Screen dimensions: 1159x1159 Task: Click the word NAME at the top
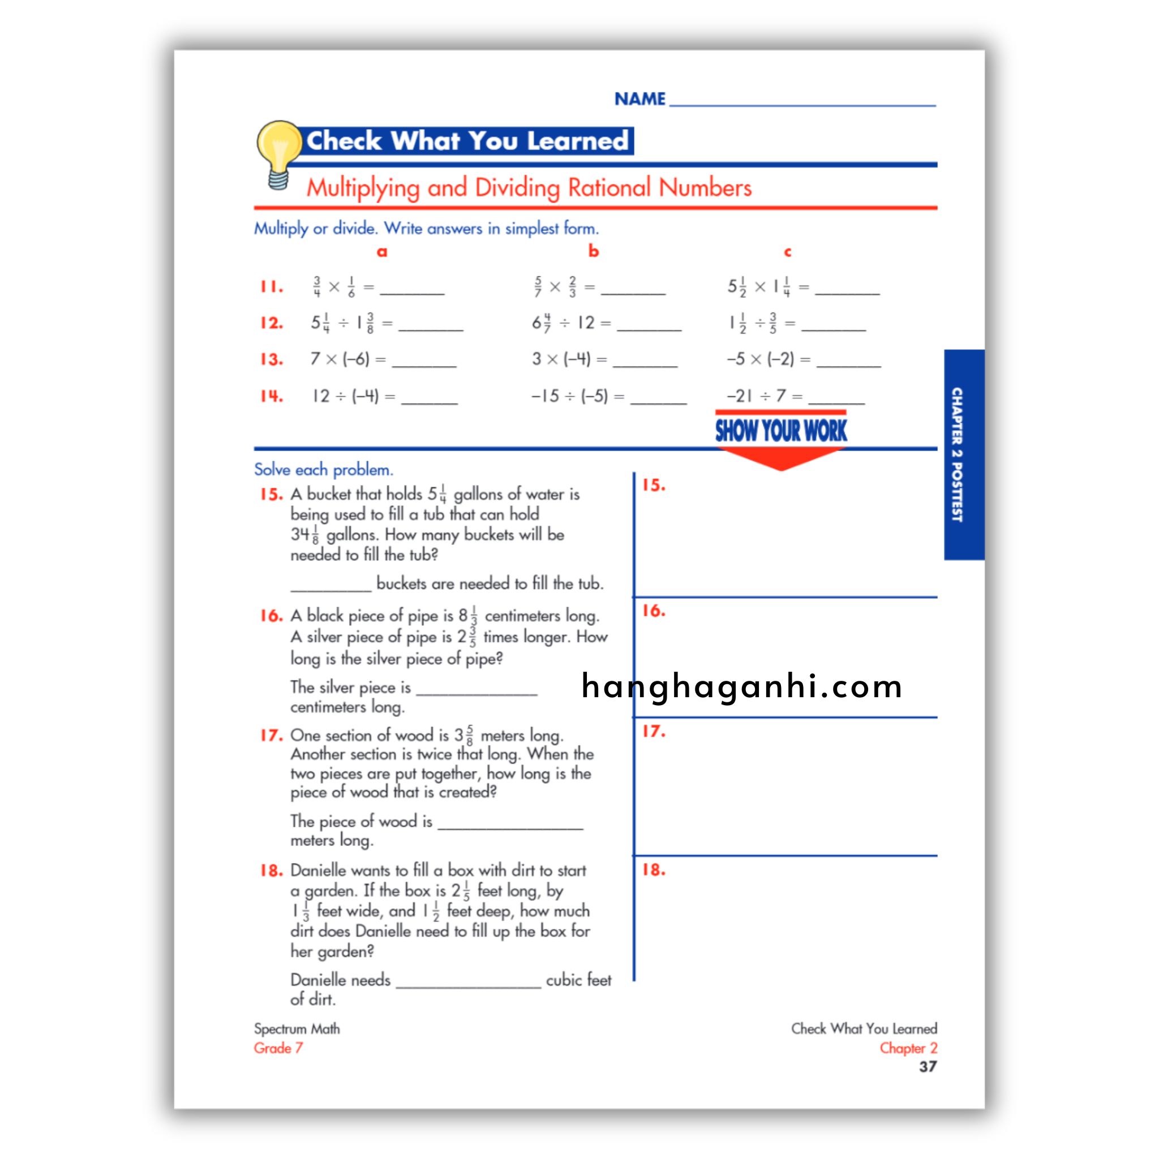tap(639, 99)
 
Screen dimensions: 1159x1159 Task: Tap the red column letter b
tap(593, 251)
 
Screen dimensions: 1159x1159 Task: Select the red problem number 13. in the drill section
tap(271, 359)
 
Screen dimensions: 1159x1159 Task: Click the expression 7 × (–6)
tap(340, 359)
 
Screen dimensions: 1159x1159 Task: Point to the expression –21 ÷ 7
tap(756, 396)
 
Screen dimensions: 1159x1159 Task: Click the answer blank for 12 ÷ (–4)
tap(429, 401)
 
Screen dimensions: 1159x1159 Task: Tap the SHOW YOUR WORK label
tap(780, 431)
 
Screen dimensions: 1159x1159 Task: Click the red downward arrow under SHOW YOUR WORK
tap(780, 459)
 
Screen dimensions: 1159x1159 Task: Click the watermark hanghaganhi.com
tap(741, 686)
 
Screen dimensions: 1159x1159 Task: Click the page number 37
tap(928, 1067)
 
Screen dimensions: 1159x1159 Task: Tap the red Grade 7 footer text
tap(278, 1048)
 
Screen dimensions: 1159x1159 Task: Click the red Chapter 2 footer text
tap(908, 1048)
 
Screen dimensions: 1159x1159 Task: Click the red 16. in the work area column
tap(653, 611)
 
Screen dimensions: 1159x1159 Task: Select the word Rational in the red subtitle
tap(609, 188)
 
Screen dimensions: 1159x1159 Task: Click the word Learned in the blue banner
tap(577, 141)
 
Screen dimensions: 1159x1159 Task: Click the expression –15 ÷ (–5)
tap(569, 396)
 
